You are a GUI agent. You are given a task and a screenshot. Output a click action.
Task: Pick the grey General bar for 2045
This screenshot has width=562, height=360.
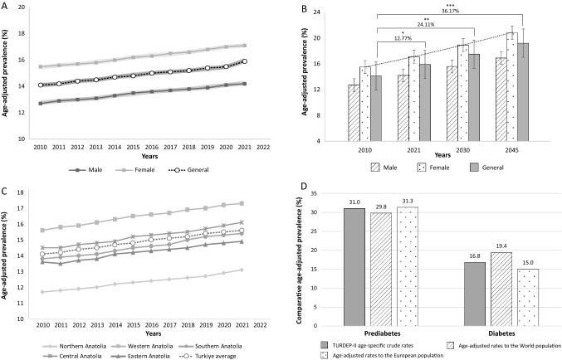tap(524, 92)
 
